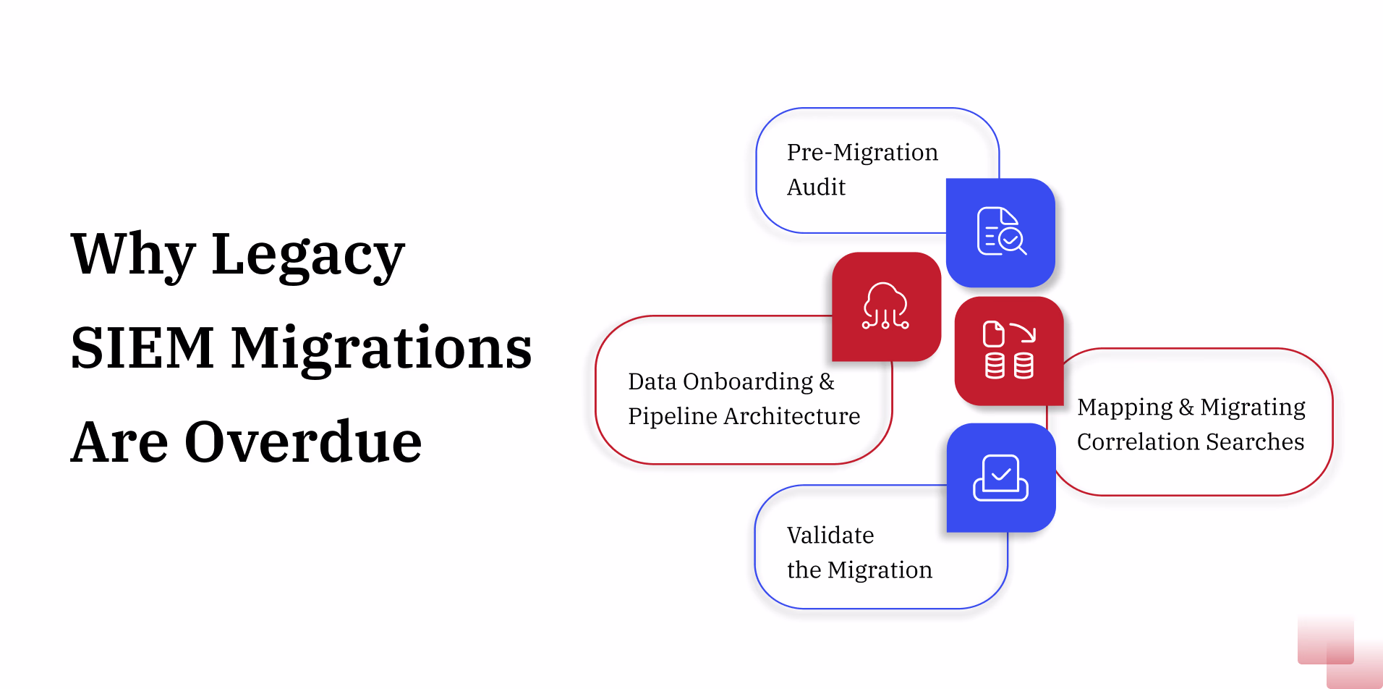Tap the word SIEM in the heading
click(142, 348)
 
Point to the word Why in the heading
click(133, 255)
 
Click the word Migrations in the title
click(381, 348)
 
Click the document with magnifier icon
click(1001, 232)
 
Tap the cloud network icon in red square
click(886, 306)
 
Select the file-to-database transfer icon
click(1009, 350)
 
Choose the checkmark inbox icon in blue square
click(1001, 478)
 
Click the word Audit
click(816, 187)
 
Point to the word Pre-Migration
click(862, 153)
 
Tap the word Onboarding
click(748, 381)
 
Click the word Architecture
click(791, 416)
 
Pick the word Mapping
click(1124, 407)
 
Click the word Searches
click(1255, 441)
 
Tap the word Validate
click(830, 536)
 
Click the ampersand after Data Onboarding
click(827, 381)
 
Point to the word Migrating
click(1253, 407)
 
